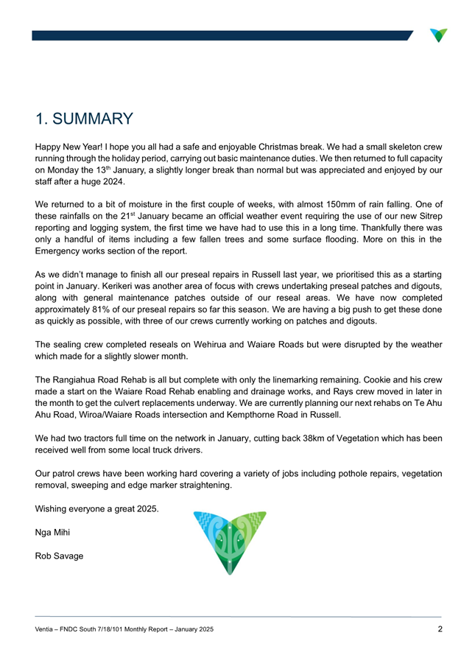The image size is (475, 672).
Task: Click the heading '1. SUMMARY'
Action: (x=84, y=118)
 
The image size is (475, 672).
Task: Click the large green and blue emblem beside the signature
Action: (x=229, y=543)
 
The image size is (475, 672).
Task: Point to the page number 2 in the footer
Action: (x=439, y=629)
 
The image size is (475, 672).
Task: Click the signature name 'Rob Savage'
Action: (x=59, y=555)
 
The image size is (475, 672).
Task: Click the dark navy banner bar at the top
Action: (x=221, y=35)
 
